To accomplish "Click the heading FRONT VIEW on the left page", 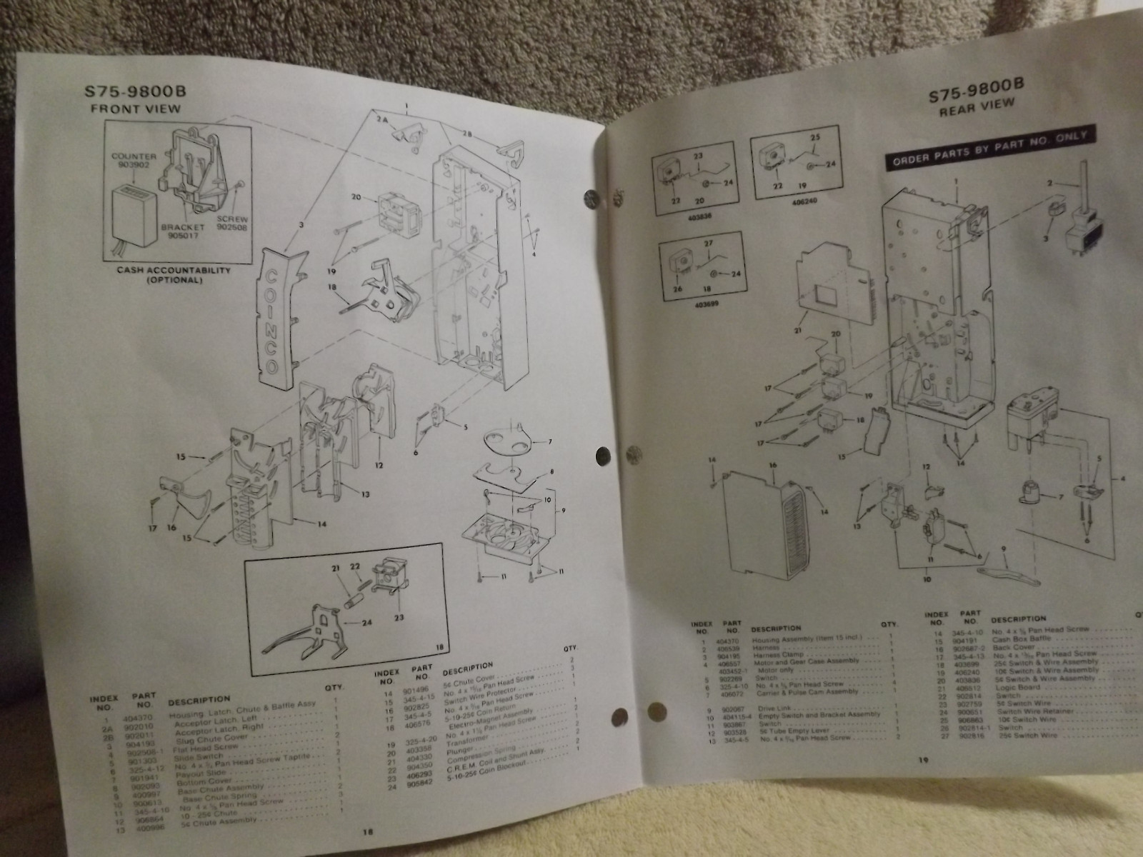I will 136,109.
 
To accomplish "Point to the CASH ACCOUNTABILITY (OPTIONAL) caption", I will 174,276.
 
